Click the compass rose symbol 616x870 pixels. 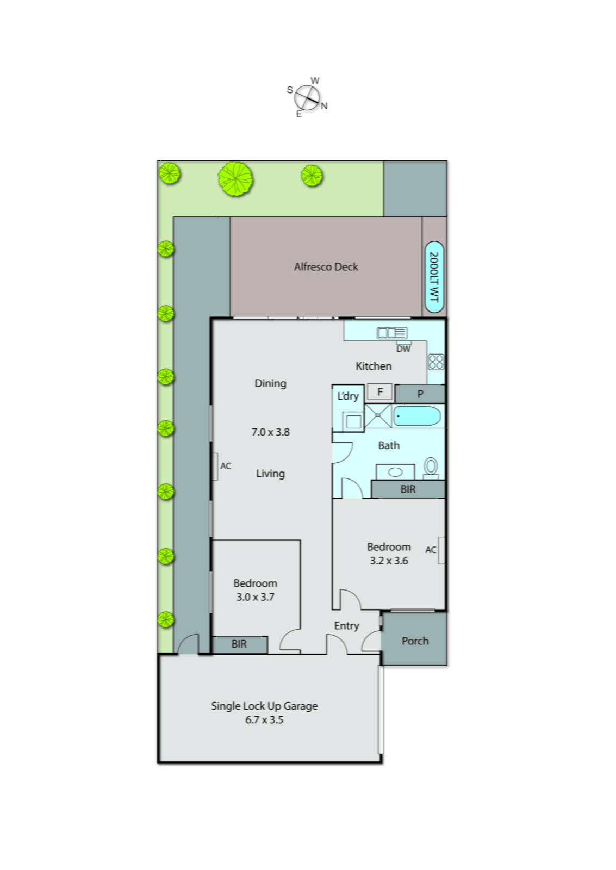(307, 98)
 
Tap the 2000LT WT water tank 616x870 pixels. (433, 277)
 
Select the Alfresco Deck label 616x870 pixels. (326, 267)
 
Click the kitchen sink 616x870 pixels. (391, 333)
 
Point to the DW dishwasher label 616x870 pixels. (403, 349)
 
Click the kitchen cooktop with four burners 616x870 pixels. (435, 362)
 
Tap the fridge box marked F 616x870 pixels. (379, 391)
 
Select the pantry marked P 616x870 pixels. (420, 394)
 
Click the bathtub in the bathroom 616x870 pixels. (416, 417)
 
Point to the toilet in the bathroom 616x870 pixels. (431, 467)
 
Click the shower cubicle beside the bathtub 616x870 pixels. (378, 416)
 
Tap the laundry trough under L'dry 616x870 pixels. (353, 421)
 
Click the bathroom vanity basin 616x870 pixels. (395, 472)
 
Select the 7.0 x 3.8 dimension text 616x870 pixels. (270, 432)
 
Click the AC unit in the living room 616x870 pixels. (215, 467)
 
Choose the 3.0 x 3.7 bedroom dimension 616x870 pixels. (255, 597)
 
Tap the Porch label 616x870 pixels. (415, 641)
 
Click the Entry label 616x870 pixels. (346, 626)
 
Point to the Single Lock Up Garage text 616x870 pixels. (264, 706)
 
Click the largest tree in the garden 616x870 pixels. (235, 179)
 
